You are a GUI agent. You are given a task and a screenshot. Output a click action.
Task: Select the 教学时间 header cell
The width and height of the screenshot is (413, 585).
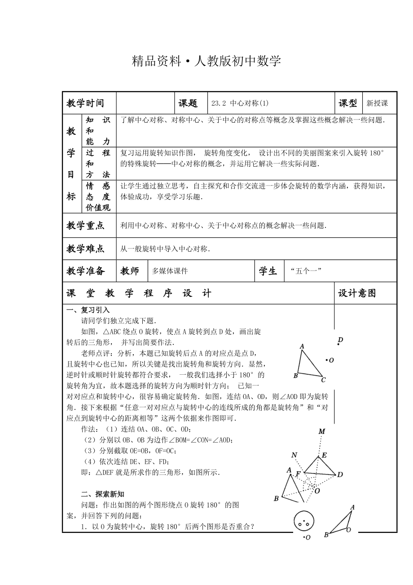click(85, 103)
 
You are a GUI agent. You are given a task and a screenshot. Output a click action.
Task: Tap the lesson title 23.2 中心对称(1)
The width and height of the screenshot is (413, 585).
click(240, 103)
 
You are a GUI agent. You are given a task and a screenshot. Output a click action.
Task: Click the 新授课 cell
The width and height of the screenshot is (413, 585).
click(377, 103)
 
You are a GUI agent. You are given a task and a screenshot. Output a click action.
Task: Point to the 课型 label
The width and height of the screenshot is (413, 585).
click(347, 103)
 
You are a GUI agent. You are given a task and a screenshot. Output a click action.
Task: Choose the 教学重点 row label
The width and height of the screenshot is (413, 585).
click(85, 226)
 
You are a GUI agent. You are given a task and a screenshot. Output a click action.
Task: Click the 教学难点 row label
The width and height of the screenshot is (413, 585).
click(85, 248)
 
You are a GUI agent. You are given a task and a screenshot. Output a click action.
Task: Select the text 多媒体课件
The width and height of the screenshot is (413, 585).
click(170, 271)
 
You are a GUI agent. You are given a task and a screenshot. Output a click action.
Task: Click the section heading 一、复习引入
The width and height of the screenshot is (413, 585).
click(88, 310)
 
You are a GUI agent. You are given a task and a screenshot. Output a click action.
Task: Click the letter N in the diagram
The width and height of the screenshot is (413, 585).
click(294, 455)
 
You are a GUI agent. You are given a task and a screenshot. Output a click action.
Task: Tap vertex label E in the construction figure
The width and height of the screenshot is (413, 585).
click(324, 455)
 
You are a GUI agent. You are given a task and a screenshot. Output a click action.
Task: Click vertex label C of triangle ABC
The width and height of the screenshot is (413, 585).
click(323, 380)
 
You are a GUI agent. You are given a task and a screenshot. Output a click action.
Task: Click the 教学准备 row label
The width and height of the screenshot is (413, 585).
click(85, 271)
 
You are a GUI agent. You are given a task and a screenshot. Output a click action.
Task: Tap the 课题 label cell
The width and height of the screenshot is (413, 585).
click(188, 103)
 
